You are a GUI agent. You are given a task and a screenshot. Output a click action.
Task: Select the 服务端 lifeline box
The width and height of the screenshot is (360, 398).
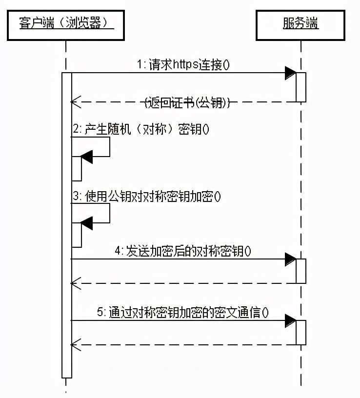[300, 23]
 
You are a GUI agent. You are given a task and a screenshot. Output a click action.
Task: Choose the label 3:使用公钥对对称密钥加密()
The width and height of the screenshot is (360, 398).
[146, 197]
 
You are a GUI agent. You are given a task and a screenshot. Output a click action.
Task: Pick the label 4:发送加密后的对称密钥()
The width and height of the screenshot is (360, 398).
[183, 251]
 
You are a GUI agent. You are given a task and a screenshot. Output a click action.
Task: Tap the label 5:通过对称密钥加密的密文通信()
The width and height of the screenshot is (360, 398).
[183, 313]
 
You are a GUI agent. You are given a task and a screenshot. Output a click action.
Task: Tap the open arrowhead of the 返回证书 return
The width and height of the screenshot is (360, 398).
[75, 102]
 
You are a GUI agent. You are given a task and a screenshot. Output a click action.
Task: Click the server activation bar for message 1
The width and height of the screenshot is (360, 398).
[301, 87]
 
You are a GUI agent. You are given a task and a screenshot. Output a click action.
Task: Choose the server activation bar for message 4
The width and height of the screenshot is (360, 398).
[301, 271]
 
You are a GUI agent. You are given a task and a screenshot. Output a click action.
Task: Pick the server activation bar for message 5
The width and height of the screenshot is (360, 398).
[301, 332]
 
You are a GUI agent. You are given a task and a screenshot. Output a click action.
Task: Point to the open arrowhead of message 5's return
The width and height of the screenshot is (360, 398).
[75, 344]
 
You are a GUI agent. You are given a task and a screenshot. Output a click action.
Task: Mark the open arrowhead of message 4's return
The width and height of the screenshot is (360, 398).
[75, 283]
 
